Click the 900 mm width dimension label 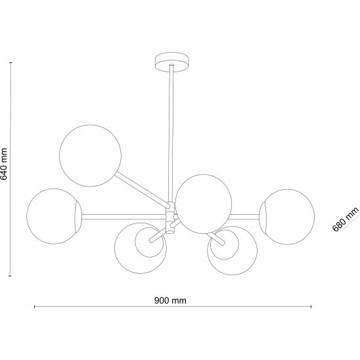click(170, 300)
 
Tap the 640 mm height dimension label click(4, 164)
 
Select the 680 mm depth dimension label click(346, 219)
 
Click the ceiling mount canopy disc click(172, 62)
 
